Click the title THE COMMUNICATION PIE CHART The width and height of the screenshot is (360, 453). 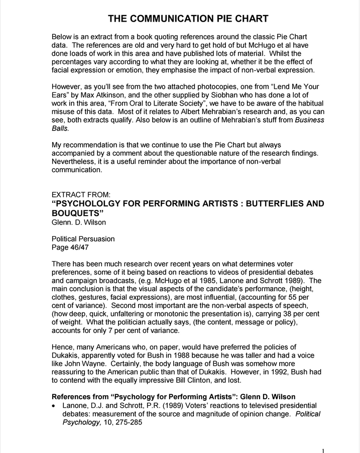click(188, 19)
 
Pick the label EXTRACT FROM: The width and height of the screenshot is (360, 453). click(81, 194)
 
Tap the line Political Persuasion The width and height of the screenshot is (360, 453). click(83, 239)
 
